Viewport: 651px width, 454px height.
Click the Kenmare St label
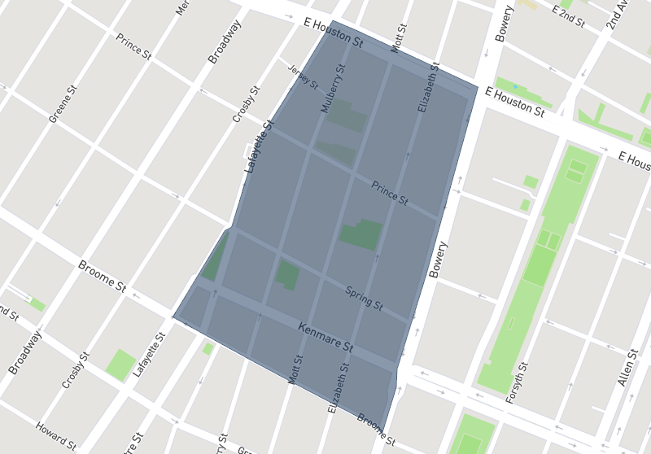point(325,338)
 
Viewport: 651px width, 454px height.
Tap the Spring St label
point(364,298)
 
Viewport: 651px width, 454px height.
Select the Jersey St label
point(304,77)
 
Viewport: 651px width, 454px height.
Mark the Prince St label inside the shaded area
point(389,193)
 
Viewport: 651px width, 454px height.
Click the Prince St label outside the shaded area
point(133,46)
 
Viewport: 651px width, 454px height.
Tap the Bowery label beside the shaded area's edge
point(438,260)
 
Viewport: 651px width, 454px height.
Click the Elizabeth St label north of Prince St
point(428,87)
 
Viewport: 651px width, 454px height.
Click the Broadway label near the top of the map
point(225,42)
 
